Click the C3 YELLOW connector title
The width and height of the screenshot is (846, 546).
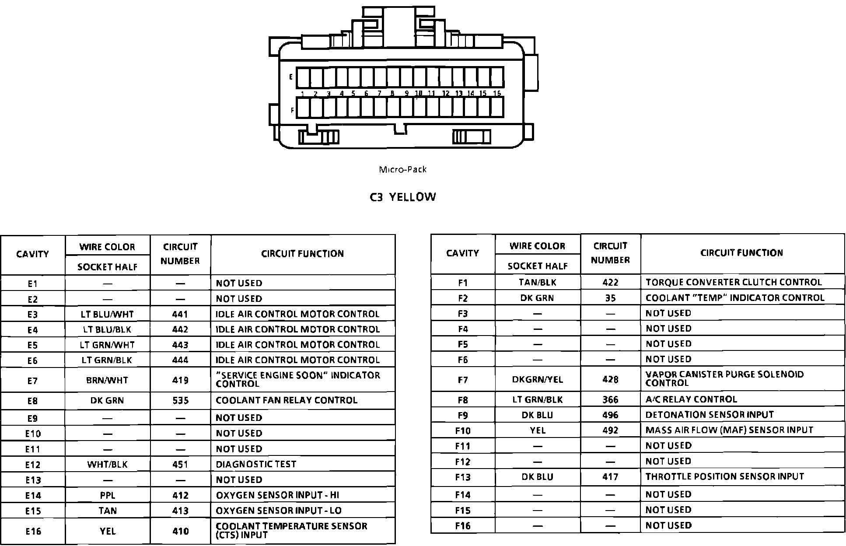tap(402, 197)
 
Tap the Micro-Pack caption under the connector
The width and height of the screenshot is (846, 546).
tap(402, 169)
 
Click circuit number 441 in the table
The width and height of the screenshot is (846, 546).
tap(180, 314)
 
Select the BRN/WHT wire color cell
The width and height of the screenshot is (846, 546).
tap(107, 380)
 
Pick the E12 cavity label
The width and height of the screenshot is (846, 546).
tap(33, 465)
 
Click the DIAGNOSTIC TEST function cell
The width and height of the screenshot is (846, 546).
tap(256, 464)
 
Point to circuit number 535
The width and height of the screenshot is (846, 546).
tap(180, 400)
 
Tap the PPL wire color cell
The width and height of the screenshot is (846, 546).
tap(107, 495)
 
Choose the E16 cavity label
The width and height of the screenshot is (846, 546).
tap(33, 531)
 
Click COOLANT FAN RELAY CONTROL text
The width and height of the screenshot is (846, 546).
tap(287, 400)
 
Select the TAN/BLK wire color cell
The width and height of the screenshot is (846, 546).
tap(538, 282)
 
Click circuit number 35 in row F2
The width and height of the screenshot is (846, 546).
tap(610, 298)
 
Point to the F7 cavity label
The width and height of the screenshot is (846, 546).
tap(463, 379)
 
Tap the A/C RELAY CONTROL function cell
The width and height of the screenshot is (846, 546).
tap(691, 399)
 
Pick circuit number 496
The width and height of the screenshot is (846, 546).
tap(610, 415)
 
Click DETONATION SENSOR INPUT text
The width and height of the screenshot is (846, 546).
tap(710, 415)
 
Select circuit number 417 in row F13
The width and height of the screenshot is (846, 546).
tap(610, 476)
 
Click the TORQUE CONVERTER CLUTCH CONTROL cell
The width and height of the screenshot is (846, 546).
tap(734, 282)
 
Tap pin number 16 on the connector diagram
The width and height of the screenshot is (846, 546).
tap(497, 93)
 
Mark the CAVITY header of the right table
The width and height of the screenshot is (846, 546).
tap(462, 253)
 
